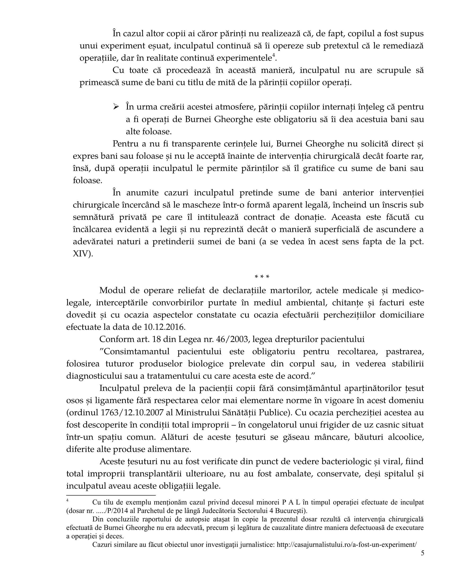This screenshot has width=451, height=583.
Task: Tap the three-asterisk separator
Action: (262, 277)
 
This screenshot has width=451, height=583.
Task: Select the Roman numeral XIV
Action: (82, 254)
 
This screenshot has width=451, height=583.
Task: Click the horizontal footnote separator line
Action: (111, 496)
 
